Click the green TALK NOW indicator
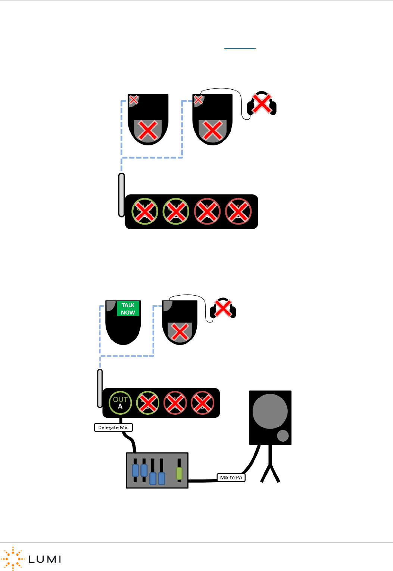pyautogui.click(x=128, y=309)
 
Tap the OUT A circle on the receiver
pyautogui.click(x=120, y=403)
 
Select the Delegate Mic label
pyautogui.click(x=113, y=428)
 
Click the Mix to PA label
pyautogui.click(x=231, y=478)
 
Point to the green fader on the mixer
pyautogui.click(x=179, y=473)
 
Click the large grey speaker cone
pyautogui.click(x=270, y=411)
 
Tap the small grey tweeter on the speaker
pyautogui.click(x=283, y=436)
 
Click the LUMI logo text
pyautogui.click(x=44, y=559)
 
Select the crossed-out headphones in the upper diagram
pyautogui.click(x=262, y=103)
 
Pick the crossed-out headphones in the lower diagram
pyautogui.click(x=223, y=309)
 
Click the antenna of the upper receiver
pyautogui.click(x=121, y=195)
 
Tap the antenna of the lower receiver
pyautogui.click(x=100, y=388)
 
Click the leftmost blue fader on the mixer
pyautogui.click(x=135, y=470)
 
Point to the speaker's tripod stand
pyautogui.click(x=270, y=467)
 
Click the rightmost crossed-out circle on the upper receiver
pyautogui.click(x=238, y=212)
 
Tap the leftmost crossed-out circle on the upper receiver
pyautogui.click(x=145, y=212)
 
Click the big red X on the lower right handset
pyautogui.click(x=180, y=332)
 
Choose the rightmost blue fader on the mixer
pyautogui.click(x=162, y=478)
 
